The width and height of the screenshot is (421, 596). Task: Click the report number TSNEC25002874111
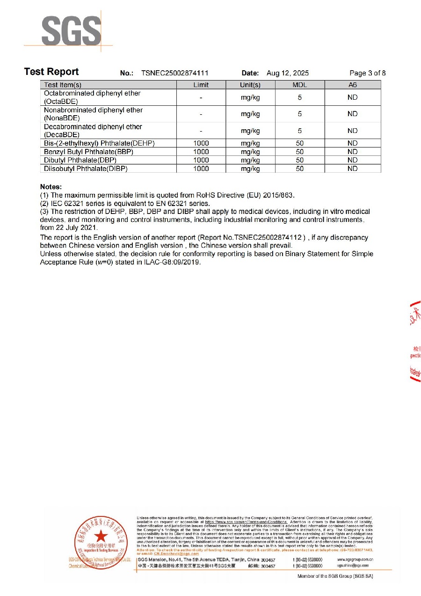pyautogui.click(x=174, y=73)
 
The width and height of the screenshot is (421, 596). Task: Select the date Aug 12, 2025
pyautogui.click(x=288, y=73)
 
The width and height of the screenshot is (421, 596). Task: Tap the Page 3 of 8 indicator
pyautogui.click(x=368, y=73)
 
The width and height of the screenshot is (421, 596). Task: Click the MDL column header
pyautogui.click(x=299, y=85)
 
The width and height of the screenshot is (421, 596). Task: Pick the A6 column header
pyautogui.click(x=352, y=85)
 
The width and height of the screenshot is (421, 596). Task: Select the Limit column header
pyautogui.click(x=201, y=85)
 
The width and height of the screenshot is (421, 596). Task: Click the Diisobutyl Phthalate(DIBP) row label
pyautogui.click(x=86, y=169)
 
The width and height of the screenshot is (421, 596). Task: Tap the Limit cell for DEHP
pyautogui.click(x=201, y=143)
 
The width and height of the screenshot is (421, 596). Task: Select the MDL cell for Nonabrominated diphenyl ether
pyautogui.click(x=299, y=114)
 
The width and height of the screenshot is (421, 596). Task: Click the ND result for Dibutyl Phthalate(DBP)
pyautogui.click(x=352, y=160)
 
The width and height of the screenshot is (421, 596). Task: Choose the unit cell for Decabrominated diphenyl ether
pyautogui.click(x=250, y=131)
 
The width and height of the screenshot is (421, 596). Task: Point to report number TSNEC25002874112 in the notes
pyautogui.click(x=265, y=238)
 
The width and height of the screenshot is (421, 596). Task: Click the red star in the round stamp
pyautogui.click(x=100, y=537)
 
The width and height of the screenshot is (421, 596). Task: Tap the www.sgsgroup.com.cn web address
pyautogui.click(x=355, y=559)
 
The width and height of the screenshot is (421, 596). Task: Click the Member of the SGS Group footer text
pyautogui.click(x=335, y=576)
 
